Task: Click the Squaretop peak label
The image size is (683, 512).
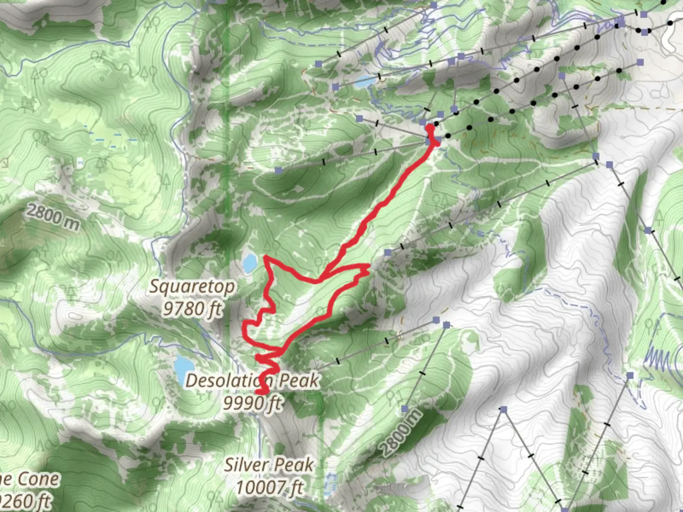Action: pyautogui.click(x=192, y=287)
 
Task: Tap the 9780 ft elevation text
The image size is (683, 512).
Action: pyautogui.click(x=192, y=309)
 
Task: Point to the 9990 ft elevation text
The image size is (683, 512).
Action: pyautogui.click(x=253, y=403)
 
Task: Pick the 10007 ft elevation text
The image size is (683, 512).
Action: pyautogui.click(x=269, y=487)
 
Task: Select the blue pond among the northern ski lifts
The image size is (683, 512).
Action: pyautogui.click(x=365, y=82)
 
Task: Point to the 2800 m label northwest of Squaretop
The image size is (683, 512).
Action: pyautogui.click(x=53, y=217)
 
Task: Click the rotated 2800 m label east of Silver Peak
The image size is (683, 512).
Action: pyautogui.click(x=401, y=433)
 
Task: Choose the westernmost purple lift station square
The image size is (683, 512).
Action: pyautogui.click(x=278, y=170)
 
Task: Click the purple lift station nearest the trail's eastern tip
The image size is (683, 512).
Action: pyautogui.click(x=388, y=253)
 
